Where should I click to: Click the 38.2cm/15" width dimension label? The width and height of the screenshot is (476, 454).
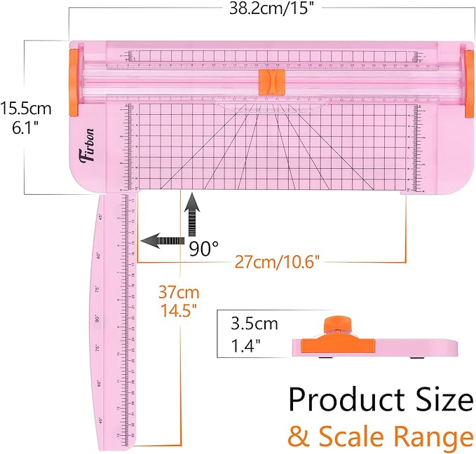(271, 10)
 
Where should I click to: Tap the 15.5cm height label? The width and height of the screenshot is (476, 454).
(26, 109)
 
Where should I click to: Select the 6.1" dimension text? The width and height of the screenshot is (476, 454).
(26, 130)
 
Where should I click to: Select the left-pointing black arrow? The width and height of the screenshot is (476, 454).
(161, 240)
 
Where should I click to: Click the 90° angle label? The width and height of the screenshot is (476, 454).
(204, 249)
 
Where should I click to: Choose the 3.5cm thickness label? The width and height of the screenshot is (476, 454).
(254, 324)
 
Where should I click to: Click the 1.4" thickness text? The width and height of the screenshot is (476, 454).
(247, 345)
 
